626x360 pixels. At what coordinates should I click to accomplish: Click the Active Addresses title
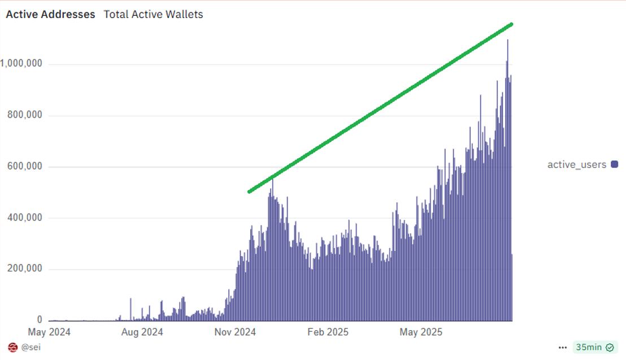pyautogui.click(x=50, y=15)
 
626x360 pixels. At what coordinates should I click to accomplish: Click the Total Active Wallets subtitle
pyautogui.click(x=153, y=15)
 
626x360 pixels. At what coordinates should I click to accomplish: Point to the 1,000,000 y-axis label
pyautogui.click(x=21, y=64)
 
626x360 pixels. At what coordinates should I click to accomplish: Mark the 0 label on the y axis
pyautogui.click(x=39, y=320)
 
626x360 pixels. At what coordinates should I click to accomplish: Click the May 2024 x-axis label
pyautogui.click(x=49, y=332)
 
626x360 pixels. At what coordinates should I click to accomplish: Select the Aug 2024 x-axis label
pyautogui.click(x=142, y=332)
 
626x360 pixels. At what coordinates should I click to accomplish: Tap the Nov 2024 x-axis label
pyautogui.click(x=235, y=332)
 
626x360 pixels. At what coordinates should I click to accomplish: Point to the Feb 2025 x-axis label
pyautogui.click(x=328, y=332)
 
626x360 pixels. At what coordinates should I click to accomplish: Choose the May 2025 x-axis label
pyautogui.click(x=421, y=332)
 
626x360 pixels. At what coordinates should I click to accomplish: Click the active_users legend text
pyautogui.click(x=576, y=164)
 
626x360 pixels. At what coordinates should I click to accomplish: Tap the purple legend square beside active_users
pyautogui.click(x=614, y=164)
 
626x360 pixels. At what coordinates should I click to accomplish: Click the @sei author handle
pyautogui.click(x=31, y=347)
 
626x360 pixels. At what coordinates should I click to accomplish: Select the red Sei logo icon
pyautogui.click(x=12, y=347)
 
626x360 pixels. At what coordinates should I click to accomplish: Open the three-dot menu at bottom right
pyautogui.click(x=562, y=348)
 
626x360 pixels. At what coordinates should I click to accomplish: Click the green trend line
pyautogui.click(x=380, y=108)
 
